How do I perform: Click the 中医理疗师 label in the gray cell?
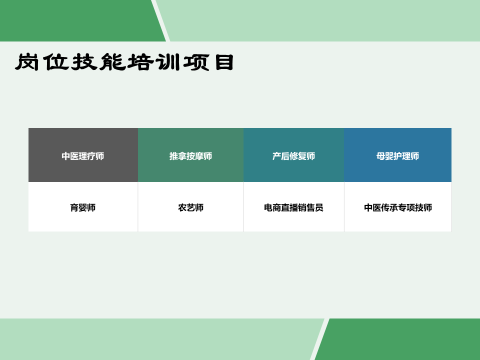pos(82,156)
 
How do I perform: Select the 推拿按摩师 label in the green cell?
pos(190,156)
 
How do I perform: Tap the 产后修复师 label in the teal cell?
pos(294,156)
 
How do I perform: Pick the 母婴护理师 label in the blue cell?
pos(397,156)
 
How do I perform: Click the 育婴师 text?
pos(82,207)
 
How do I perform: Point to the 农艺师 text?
pos(190,207)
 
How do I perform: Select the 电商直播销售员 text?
pos(294,207)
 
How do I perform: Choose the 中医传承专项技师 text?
pos(398,207)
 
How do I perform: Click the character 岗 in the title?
pos(27,62)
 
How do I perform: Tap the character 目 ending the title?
pos(224,62)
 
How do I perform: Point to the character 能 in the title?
pos(112,62)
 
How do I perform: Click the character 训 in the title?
pos(168,62)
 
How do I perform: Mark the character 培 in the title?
pos(140,62)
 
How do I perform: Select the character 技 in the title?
pos(84,62)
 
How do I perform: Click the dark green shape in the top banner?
pos(79,20)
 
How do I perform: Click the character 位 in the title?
pos(55,62)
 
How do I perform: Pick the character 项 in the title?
pos(196,62)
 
